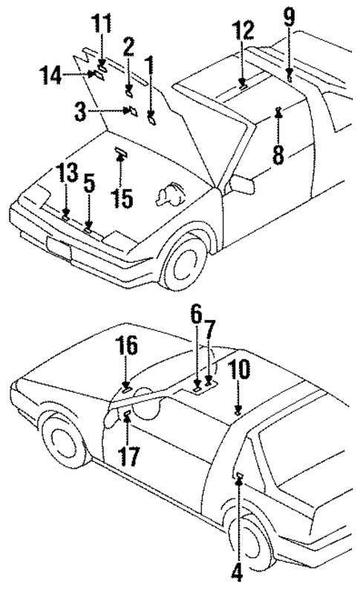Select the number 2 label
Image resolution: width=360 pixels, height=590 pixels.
click(128, 49)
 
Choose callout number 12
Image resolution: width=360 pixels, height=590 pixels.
click(243, 31)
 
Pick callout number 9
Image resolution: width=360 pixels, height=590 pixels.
click(289, 15)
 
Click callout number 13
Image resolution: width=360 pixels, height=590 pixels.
click(68, 175)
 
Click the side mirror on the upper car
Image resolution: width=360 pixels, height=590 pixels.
click(241, 183)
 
